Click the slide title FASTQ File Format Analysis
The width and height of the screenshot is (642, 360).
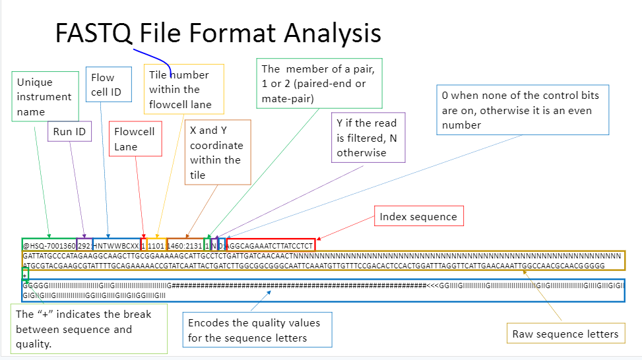click(218, 33)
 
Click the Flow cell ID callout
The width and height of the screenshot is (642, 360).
click(106, 85)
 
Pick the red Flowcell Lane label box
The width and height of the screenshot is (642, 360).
click(135, 138)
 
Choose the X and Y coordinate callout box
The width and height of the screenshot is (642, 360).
click(217, 152)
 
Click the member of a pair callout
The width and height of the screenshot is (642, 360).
click(319, 83)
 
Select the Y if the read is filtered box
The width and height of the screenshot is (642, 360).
click(368, 137)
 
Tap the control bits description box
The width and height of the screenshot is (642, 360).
click(522, 110)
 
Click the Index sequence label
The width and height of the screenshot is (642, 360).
click(418, 216)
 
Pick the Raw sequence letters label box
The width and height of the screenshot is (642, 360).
click(565, 334)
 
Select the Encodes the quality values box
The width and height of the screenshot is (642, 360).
click(257, 330)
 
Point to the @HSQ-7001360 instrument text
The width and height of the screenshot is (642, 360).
click(49, 245)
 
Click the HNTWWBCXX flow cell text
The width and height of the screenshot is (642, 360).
click(116, 245)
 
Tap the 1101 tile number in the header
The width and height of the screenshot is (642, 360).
click(156, 245)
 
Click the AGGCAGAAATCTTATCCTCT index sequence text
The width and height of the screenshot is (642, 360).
click(271, 245)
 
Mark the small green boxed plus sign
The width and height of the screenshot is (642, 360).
click(25, 274)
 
